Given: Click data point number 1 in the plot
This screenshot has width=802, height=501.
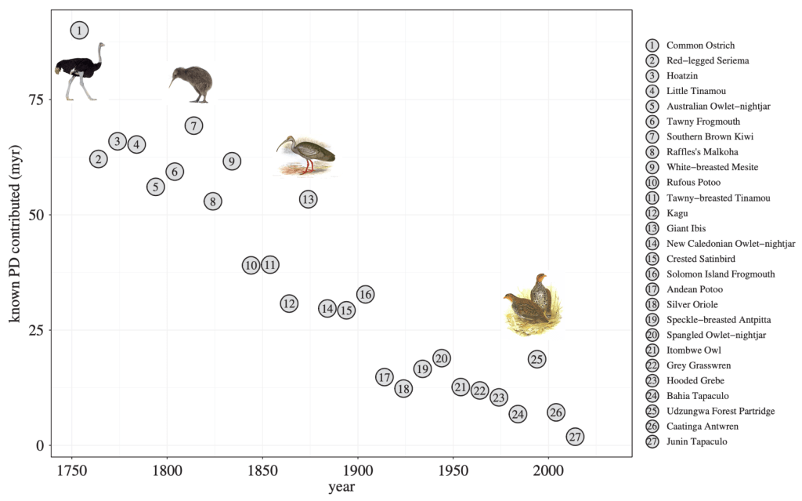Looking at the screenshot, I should [x=79, y=31].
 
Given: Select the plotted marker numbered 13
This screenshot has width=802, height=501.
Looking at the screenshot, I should [x=308, y=199].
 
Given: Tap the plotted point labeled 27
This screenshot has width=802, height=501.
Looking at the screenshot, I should [x=575, y=437].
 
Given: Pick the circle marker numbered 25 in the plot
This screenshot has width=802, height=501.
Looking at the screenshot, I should [x=536, y=359].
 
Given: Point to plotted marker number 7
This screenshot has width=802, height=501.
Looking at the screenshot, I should [x=193, y=125].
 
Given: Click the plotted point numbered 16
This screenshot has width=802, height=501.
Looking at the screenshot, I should [x=365, y=294].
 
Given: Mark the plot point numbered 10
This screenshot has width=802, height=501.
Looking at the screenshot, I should [x=251, y=265].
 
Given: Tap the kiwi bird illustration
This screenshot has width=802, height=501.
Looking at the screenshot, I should [x=191, y=83].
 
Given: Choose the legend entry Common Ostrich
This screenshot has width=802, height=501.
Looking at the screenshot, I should [x=700, y=45].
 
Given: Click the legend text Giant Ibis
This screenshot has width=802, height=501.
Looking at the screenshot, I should [x=685, y=228].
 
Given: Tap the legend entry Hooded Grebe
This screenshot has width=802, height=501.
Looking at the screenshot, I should [x=693, y=380].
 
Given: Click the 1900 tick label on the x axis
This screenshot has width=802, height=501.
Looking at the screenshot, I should [x=358, y=471].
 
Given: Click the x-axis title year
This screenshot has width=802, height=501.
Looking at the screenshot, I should [x=341, y=488].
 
